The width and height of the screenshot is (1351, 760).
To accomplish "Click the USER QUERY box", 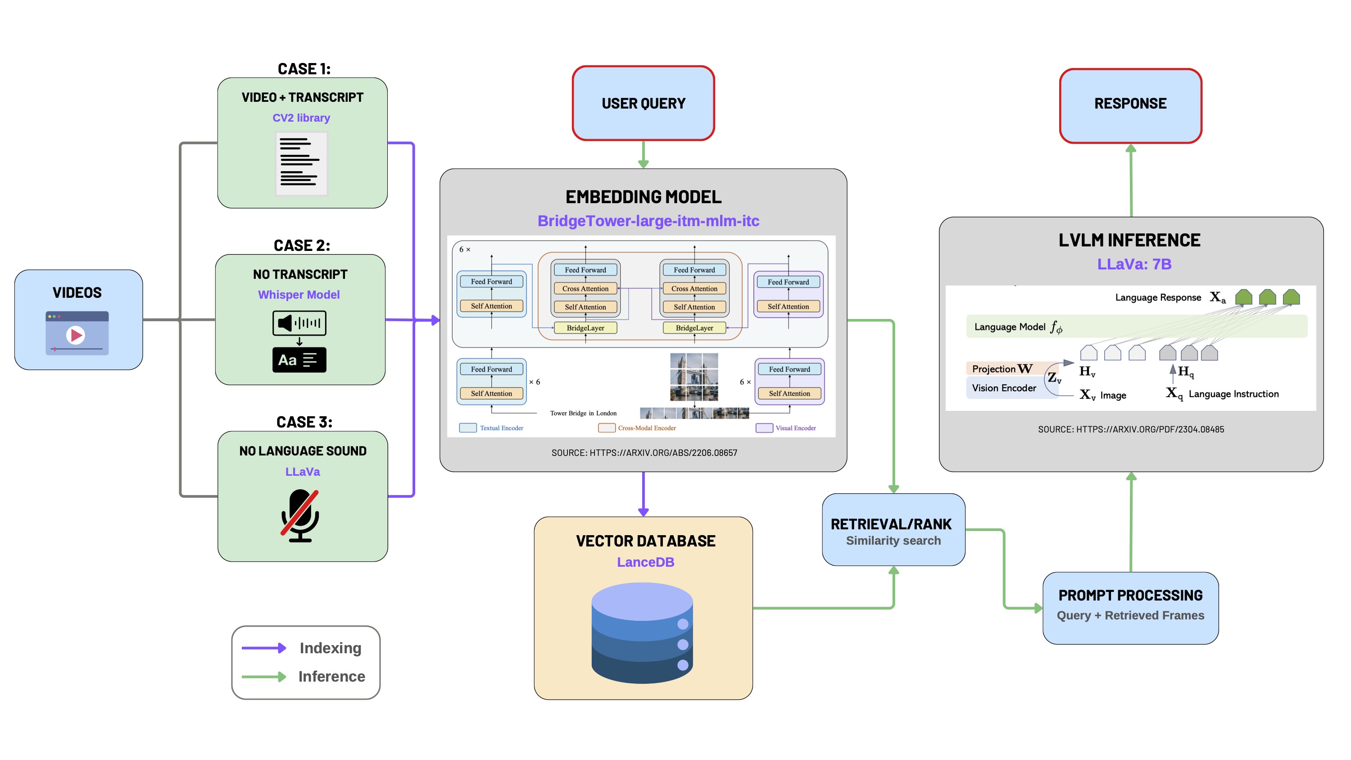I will [643, 103].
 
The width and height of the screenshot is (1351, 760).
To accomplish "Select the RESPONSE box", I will [1130, 105].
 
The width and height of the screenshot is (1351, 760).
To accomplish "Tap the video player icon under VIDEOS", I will [77, 333].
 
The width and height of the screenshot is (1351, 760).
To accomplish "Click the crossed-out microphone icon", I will [300, 514].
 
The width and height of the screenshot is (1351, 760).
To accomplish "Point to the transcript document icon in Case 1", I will [301, 164].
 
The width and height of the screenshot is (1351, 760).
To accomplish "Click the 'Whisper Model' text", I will [299, 295].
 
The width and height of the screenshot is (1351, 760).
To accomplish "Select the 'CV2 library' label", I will [301, 118].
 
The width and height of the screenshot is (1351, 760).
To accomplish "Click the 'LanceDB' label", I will [645, 562].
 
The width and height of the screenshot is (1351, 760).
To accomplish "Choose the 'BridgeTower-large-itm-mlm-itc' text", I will [648, 221].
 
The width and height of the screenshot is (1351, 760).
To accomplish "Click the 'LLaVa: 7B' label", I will [1134, 264].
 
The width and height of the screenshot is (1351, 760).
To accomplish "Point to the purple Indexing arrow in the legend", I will [263, 648].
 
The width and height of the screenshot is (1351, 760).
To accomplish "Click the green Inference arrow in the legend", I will [263, 677].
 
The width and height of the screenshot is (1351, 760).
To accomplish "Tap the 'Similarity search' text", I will [893, 540].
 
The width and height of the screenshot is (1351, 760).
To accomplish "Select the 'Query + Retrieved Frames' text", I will [1130, 615].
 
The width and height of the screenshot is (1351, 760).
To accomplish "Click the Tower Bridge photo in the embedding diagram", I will [694, 376].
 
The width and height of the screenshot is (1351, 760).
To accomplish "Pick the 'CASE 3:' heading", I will [304, 422].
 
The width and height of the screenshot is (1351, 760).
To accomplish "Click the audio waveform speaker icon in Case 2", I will [299, 323].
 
